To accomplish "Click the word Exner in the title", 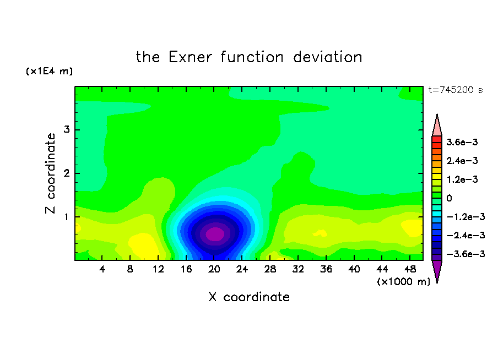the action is pos(190,57).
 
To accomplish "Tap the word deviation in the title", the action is pos(327,57).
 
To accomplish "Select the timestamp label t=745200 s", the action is pos(456,90).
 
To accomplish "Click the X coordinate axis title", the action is pos(249,297).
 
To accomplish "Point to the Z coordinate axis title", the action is pos(50,173).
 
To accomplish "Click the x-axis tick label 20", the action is pos(214,269).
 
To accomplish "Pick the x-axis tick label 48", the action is pos(410,269).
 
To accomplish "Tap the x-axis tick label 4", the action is pos(102,269).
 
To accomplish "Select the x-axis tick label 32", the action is pos(298,269).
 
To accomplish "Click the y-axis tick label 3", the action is pos(66,129).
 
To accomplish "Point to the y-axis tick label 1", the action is pos(66,217).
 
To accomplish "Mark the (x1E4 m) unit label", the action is pos(49,71).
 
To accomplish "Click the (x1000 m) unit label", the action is pos(403,282).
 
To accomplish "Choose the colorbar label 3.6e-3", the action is pos(462,142).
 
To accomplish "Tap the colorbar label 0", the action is pos(449,198).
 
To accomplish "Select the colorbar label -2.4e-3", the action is pos(465,236).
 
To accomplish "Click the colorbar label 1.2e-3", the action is pos(462,179).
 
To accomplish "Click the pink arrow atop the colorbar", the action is pos(437,127).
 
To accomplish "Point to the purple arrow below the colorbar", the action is pos(437,270).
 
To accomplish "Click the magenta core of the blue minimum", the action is pos(215,234).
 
